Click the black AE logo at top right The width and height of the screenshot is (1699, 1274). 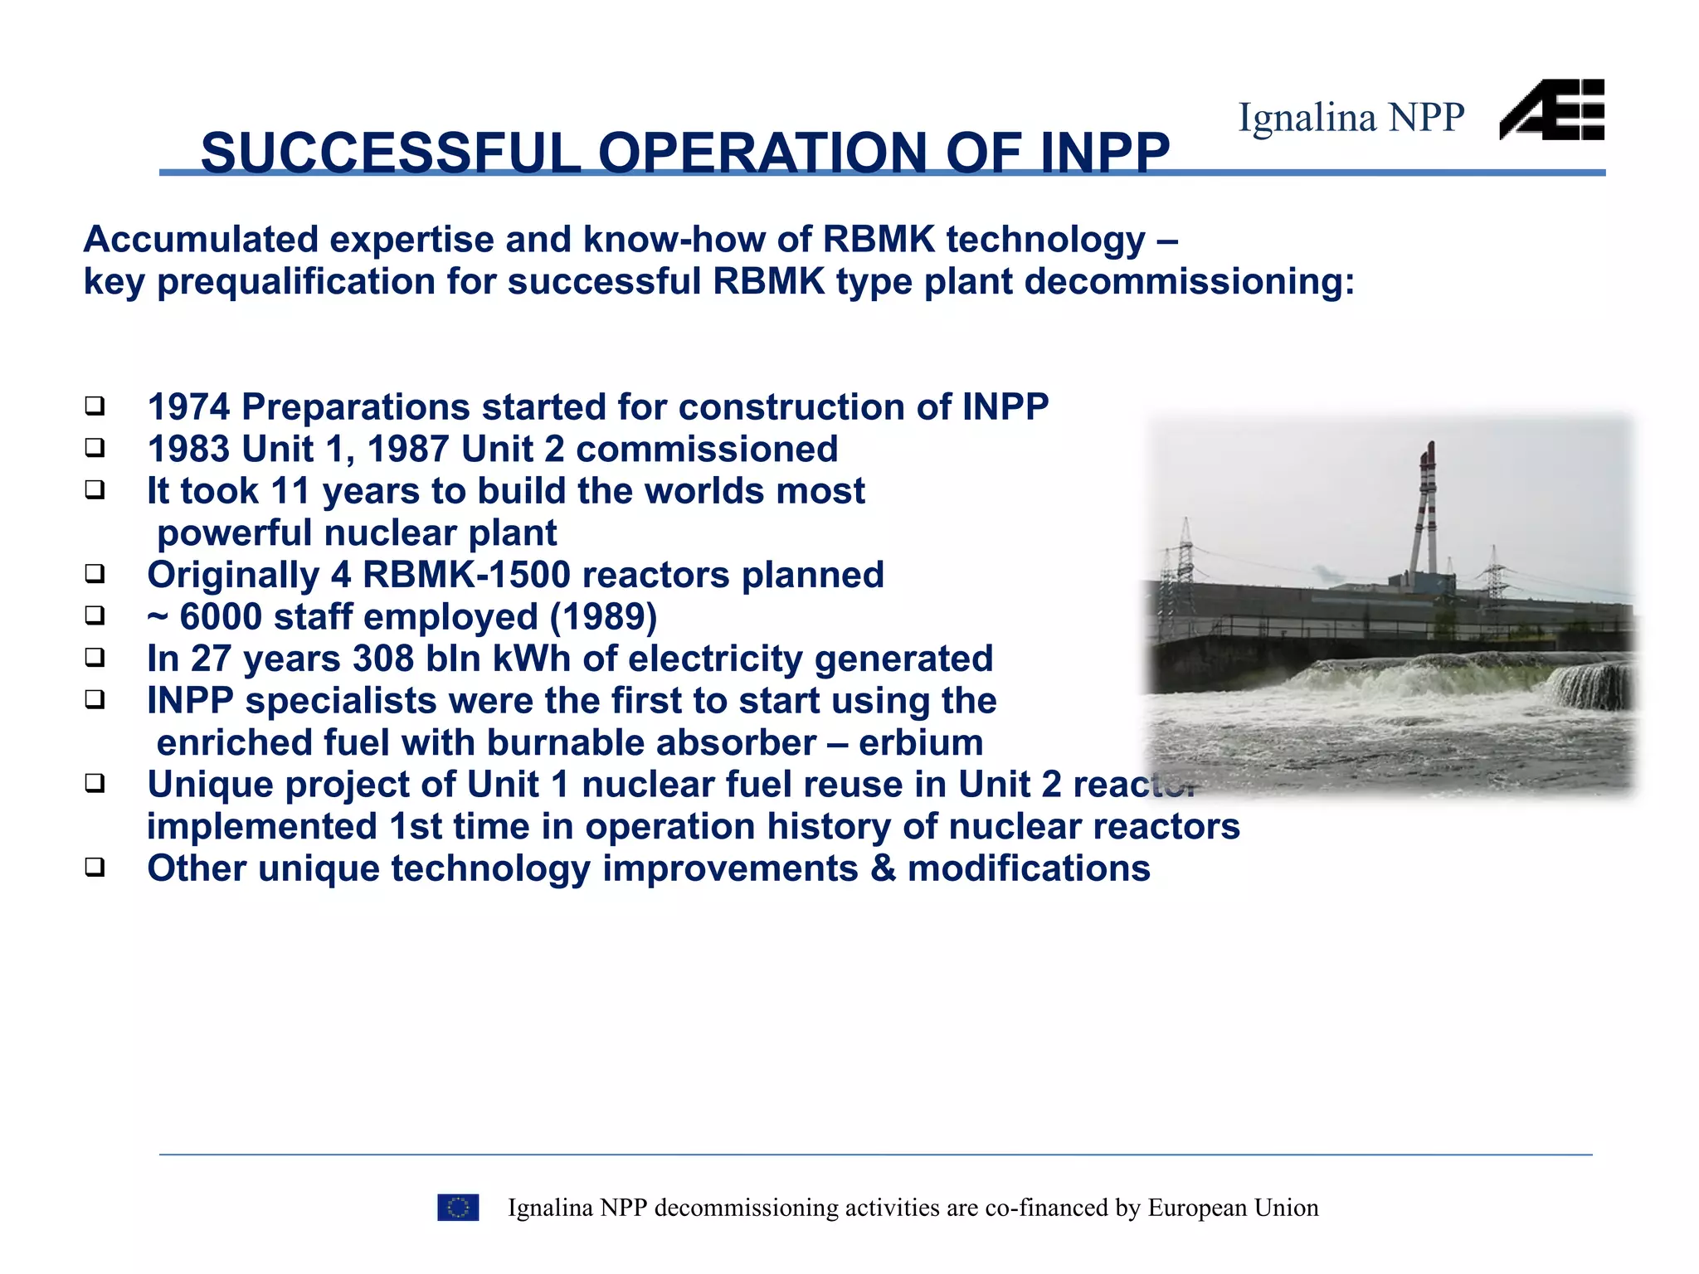[1551, 110]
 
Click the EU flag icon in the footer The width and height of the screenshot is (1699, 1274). [458, 1208]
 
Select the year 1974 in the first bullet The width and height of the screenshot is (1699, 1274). [188, 407]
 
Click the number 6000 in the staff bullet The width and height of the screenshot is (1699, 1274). [221, 617]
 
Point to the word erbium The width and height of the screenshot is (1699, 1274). [921, 743]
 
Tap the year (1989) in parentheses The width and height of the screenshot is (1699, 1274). [603, 617]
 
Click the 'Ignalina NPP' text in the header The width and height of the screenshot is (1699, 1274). [1351, 118]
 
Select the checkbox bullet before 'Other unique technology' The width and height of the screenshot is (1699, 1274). [95, 868]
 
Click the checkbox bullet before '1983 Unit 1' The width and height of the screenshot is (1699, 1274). [95, 449]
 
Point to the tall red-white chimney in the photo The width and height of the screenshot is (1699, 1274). [1426, 506]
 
